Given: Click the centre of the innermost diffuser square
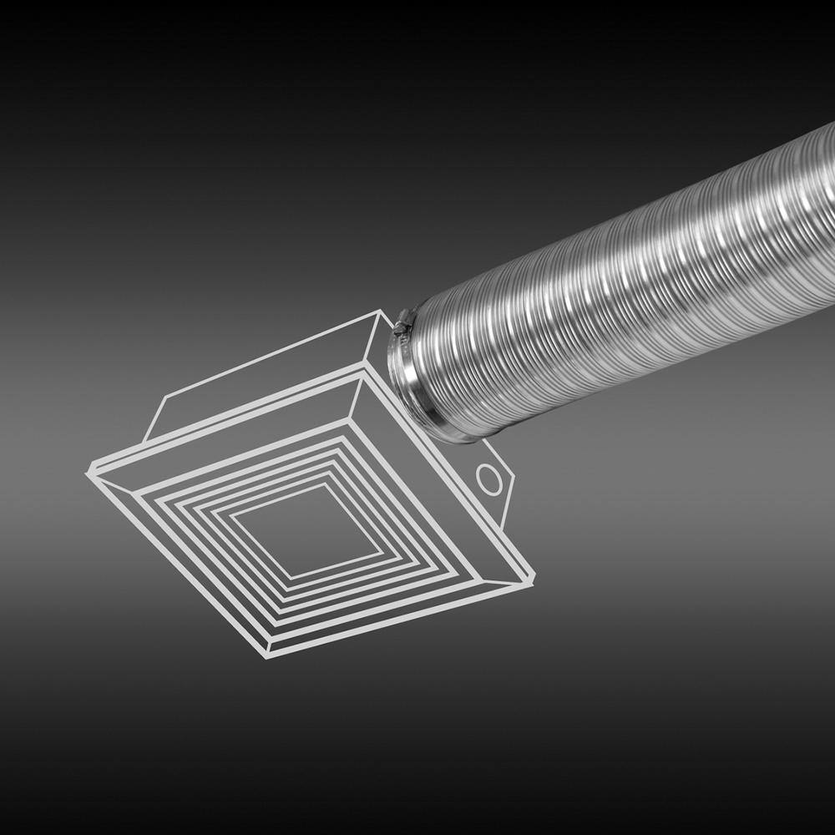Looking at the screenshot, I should [x=306, y=531].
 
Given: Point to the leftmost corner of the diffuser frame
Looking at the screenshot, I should [x=89, y=473].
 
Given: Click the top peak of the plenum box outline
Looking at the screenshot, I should [x=382, y=311].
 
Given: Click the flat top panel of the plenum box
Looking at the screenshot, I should [x=259, y=376].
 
